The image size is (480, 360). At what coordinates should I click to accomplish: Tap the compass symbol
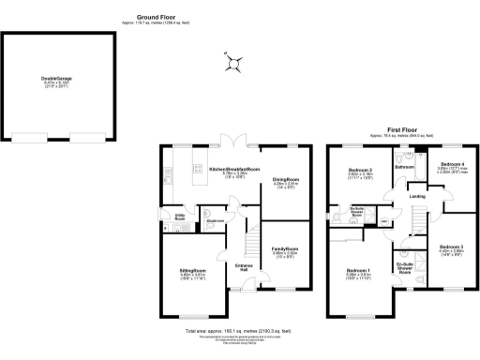pos(234,64)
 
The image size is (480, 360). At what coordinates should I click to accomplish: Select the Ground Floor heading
pos(157,17)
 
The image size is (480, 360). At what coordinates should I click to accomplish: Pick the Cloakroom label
pos(215,221)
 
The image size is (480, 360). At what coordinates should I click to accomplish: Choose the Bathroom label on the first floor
pos(404,167)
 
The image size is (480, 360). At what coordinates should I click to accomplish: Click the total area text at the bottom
pos(240,331)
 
